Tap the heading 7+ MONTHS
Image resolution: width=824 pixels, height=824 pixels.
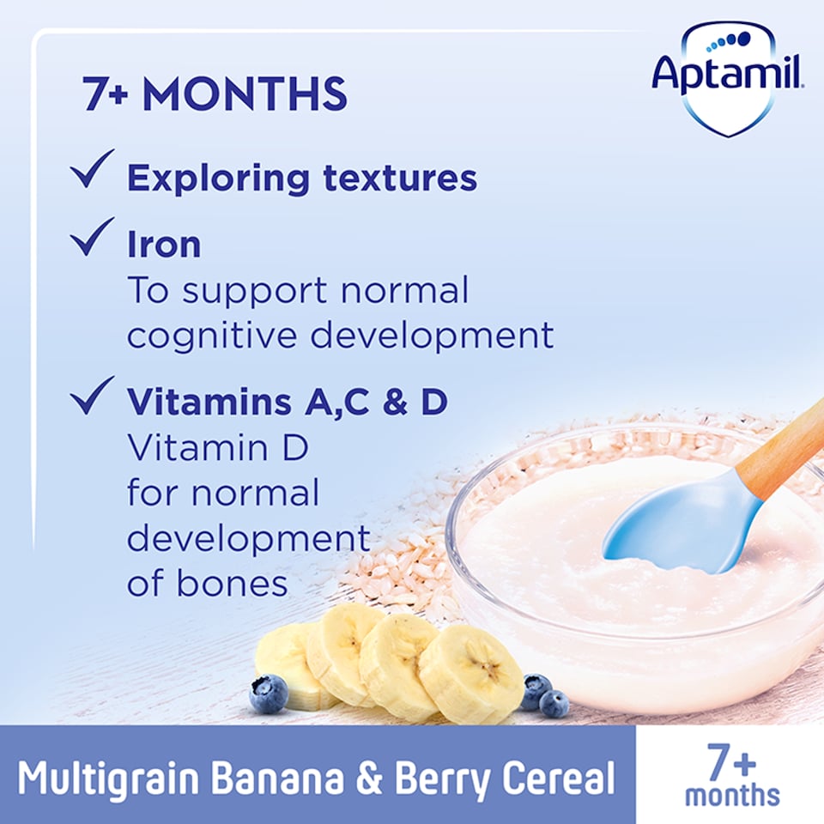(215, 94)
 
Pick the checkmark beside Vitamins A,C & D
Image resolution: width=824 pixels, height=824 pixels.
(93, 396)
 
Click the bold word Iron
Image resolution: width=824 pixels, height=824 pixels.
(164, 245)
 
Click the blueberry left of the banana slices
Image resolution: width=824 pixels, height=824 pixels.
(269, 693)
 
